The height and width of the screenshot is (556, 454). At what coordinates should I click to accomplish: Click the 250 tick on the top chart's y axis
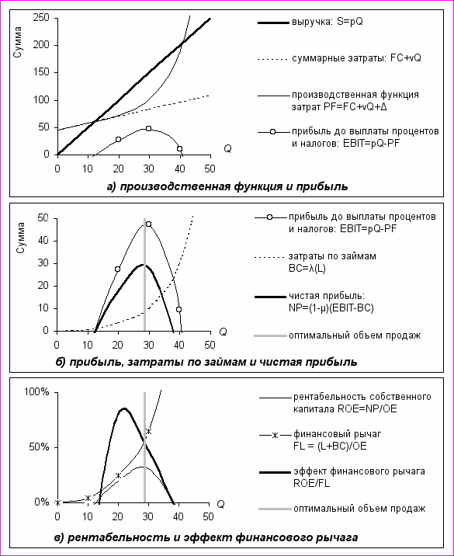(42, 18)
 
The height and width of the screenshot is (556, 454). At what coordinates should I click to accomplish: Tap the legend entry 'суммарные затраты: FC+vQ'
(339, 59)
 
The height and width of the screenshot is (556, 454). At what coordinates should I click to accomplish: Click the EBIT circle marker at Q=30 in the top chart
(148, 128)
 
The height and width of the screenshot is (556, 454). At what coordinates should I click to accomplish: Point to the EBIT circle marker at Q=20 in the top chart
(119, 139)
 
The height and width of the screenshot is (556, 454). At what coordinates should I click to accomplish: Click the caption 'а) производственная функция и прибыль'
(227, 186)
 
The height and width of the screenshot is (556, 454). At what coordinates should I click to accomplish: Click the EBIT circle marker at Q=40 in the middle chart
(179, 310)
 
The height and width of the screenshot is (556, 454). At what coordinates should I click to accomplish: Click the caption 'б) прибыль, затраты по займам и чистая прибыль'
(206, 362)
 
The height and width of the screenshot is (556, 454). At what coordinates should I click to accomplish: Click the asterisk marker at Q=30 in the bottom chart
(148, 431)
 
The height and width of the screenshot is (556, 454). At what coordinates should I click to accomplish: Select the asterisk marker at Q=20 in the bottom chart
(119, 475)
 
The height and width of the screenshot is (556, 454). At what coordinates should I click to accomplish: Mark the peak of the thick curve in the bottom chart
(124, 408)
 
